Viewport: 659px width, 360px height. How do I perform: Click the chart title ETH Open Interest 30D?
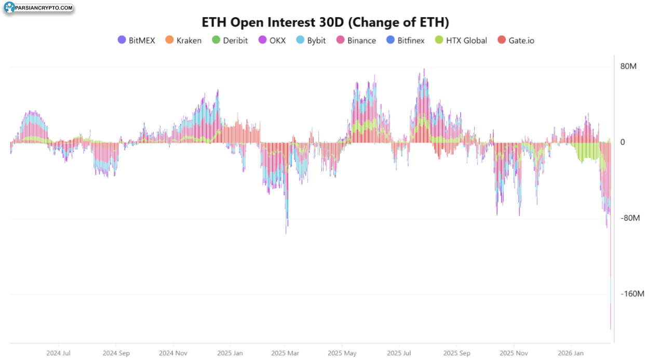[x=325, y=22]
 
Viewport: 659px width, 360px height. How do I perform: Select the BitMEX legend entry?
[x=136, y=41]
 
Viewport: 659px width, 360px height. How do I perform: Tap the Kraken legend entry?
[x=183, y=41]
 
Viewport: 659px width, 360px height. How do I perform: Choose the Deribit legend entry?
[x=230, y=41]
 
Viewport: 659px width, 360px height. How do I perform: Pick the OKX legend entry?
[x=272, y=41]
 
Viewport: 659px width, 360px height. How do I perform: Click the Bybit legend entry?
[x=311, y=41]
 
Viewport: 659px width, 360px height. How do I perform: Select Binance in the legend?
[x=356, y=41]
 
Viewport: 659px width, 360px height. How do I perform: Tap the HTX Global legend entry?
[x=461, y=41]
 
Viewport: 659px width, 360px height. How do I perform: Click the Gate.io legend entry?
[x=516, y=41]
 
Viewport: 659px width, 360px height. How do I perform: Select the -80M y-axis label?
[x=630, y=218]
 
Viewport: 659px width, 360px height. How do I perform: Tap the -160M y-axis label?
[x=633, y=294]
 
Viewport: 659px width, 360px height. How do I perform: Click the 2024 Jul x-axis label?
[x=58, y=353]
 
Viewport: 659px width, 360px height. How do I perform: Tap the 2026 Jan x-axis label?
[x=570, y=353]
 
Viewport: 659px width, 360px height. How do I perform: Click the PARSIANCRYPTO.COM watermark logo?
[x=38, y=8]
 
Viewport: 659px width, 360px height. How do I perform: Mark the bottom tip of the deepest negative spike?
[x=610, y=329]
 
